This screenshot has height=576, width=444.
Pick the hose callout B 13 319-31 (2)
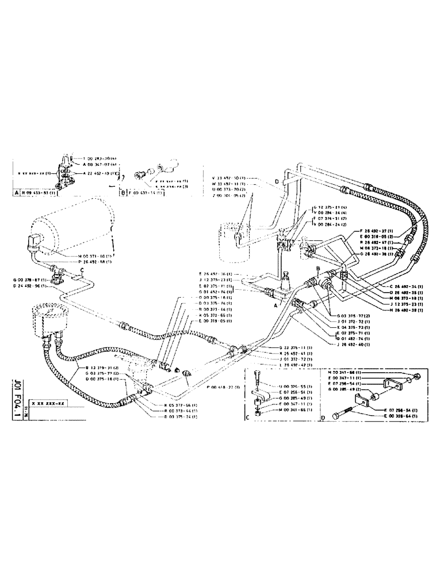point(102,366)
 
